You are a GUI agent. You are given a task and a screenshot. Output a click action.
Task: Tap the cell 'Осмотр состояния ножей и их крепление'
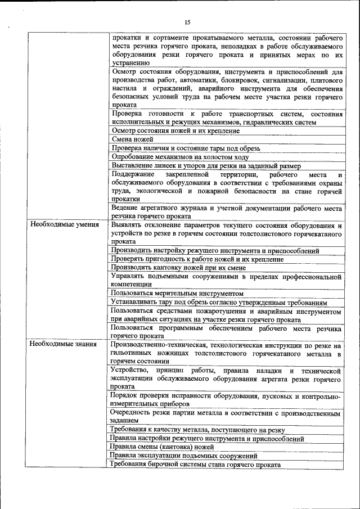175,130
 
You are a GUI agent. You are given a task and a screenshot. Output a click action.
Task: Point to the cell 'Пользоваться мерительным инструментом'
177,293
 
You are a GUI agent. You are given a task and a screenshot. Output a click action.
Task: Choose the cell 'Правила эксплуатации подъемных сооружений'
184,456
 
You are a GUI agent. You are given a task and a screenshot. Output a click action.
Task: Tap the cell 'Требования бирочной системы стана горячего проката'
196,464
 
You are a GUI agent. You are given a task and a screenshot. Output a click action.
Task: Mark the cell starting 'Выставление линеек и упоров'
206,166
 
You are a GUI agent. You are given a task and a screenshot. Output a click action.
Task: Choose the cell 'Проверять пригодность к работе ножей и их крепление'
197,259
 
